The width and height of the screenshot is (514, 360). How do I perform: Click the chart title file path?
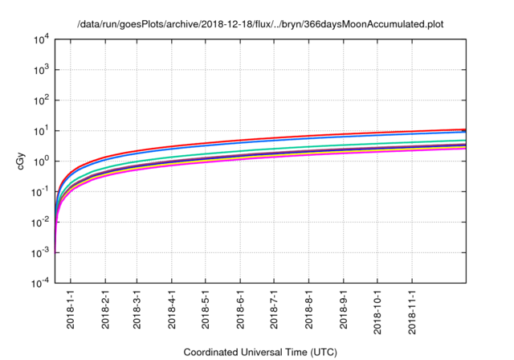point(260,24)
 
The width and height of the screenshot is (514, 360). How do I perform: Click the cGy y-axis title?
point(21,161)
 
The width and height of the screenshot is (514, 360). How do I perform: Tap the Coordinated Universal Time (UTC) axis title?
point(260,352)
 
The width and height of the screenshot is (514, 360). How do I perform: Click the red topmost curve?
point(321,135)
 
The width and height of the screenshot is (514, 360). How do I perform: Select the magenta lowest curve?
point(321,153)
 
